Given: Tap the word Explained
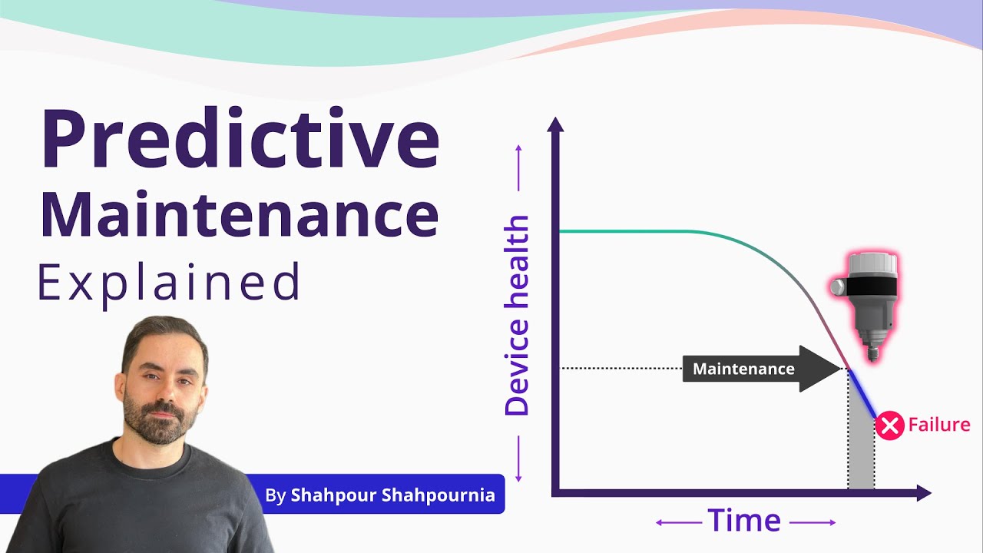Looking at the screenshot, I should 169,282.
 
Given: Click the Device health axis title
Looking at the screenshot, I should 517,316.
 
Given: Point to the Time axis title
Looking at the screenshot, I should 744,521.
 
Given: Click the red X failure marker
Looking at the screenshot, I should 889,426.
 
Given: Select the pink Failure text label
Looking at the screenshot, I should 938,425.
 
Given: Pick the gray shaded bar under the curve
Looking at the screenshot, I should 861,453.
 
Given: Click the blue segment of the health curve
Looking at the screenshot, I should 862,394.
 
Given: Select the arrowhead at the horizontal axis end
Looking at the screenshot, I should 924,493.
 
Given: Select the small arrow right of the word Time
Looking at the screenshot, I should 813,523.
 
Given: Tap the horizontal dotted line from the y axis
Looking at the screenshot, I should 622,369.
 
